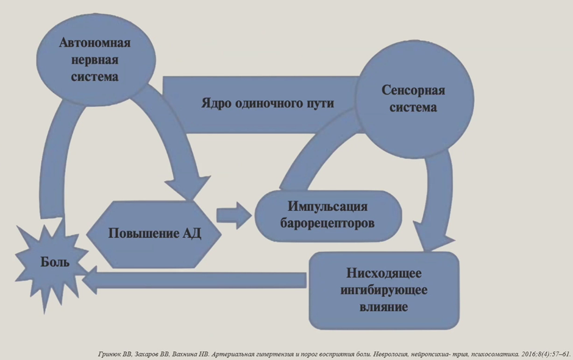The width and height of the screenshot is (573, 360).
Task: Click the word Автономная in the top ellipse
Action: pyautogui.click(x=94, y=43)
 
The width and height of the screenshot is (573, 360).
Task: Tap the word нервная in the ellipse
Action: pyautogui.click(x=94, y=60)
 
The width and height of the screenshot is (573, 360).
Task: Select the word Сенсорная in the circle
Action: pyautogui.click(x=413, y=90)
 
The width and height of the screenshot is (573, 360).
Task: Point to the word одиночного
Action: pyautogui.click(x=269, y=104)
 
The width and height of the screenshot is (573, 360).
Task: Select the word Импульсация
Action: pyautogui.click(x=327, y=206)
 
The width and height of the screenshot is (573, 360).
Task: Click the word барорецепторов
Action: pyautogui.click(x=327, y=223)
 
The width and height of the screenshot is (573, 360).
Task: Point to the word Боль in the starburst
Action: pyautogui.click(x=55, y=262)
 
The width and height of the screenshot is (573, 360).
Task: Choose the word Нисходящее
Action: pyautogui.click(x=384, y=273)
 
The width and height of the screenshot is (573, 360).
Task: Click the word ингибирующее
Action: pyautogui.click(x=384, y=291)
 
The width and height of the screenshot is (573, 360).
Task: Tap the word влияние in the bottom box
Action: pyautogui.click(x=384, y=306)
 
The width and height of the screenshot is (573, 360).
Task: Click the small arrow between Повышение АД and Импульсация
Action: pyautogui.click(x=234, y=216)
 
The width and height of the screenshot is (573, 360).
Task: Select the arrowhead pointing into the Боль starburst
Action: pyautogui.click(x=90, y=280)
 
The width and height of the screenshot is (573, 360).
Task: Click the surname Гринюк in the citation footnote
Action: pyautogui.click(x=108, y=354)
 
